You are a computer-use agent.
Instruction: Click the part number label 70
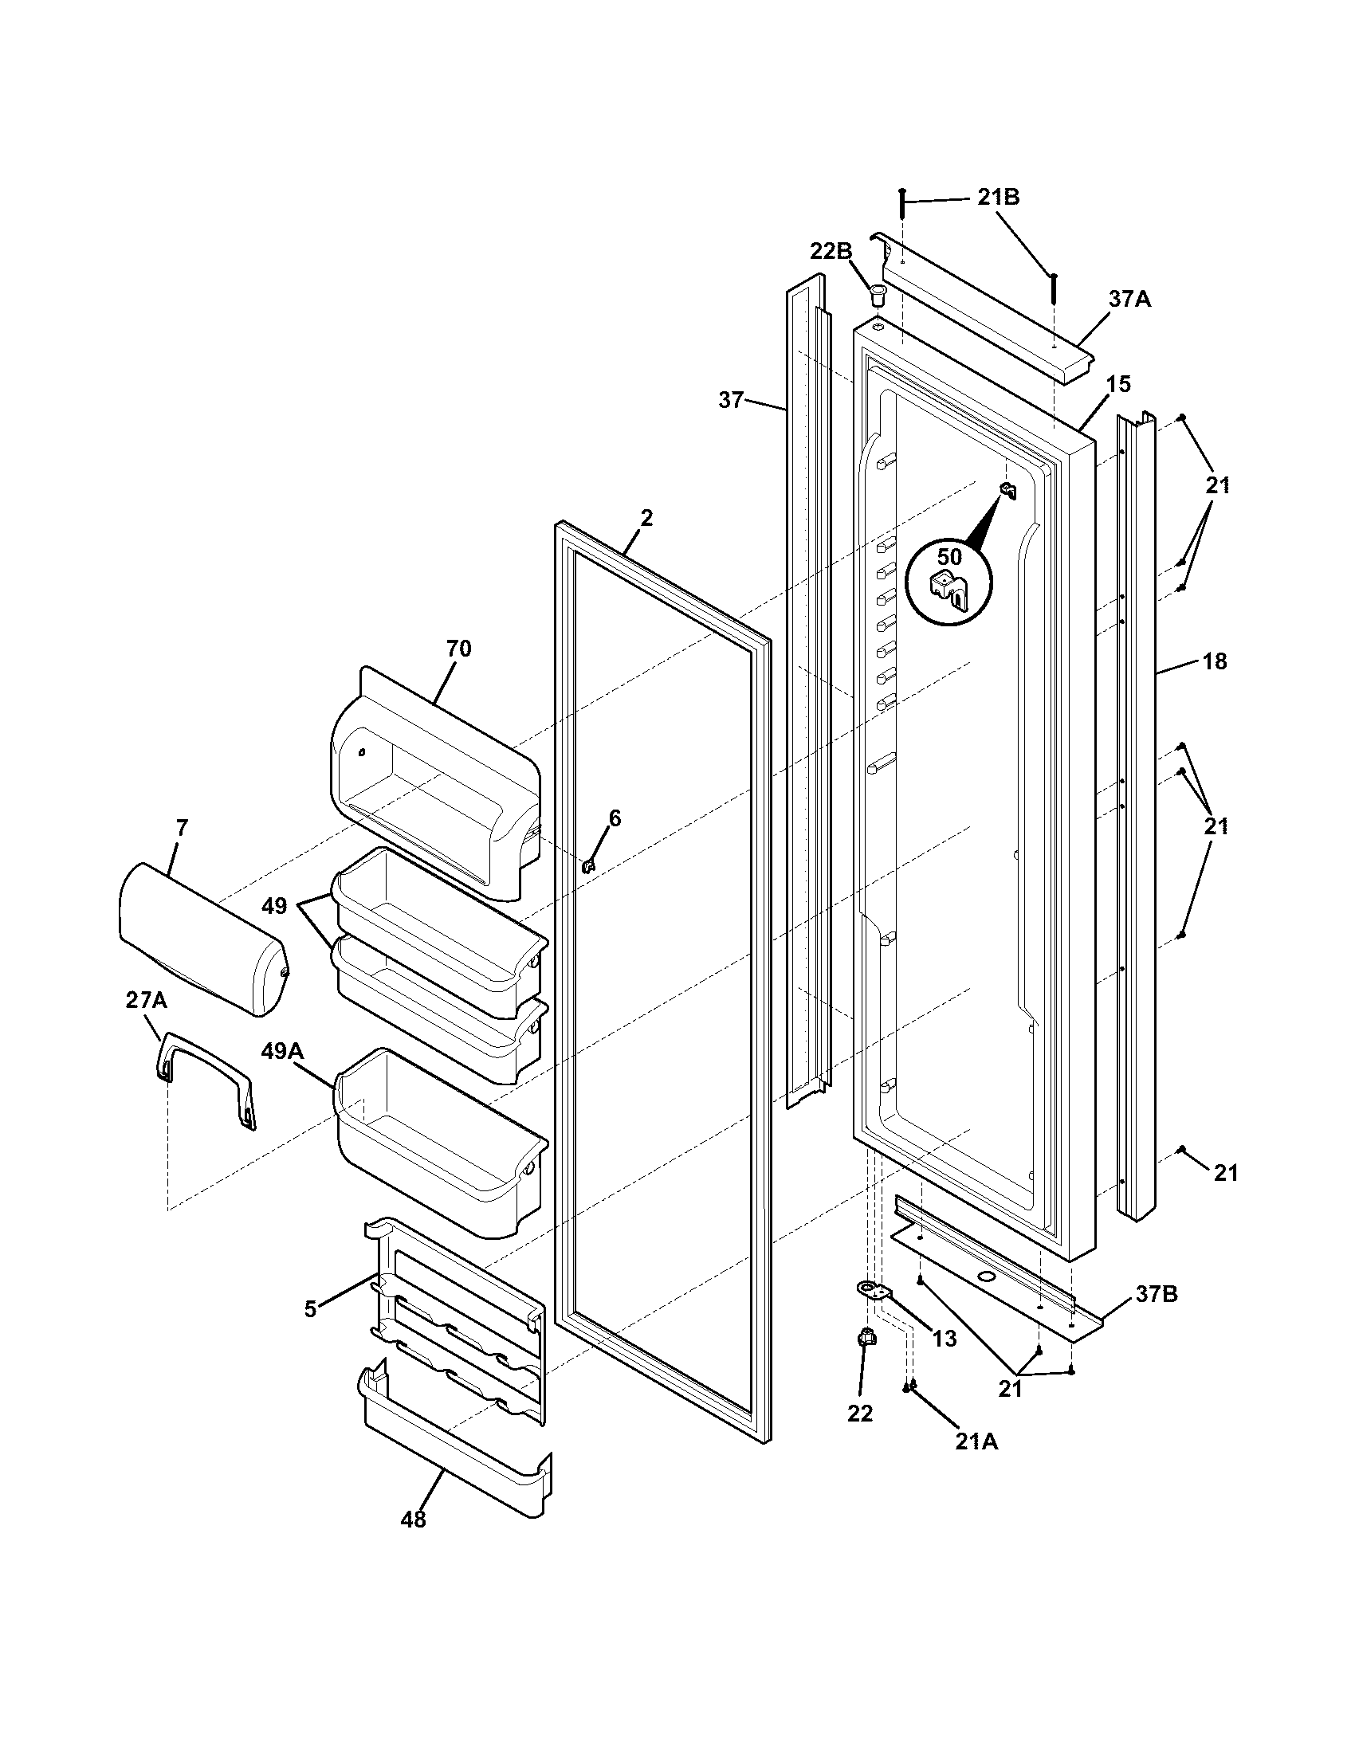459,649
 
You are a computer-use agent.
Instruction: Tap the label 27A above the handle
146,1000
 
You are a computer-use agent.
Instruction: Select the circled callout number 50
949,556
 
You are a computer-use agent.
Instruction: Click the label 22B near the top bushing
831,251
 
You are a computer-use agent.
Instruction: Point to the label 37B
1157,1295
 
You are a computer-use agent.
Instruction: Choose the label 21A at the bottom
977,1441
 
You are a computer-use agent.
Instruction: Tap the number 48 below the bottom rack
414,1519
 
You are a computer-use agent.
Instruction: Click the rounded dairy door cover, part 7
201,939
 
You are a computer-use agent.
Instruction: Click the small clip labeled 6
588,865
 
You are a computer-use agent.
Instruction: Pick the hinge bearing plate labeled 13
874,1291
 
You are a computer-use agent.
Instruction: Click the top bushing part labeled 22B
878,292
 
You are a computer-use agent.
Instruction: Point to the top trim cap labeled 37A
988,313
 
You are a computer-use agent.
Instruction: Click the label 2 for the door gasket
646,518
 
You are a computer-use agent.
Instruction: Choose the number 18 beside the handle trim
1216,661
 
